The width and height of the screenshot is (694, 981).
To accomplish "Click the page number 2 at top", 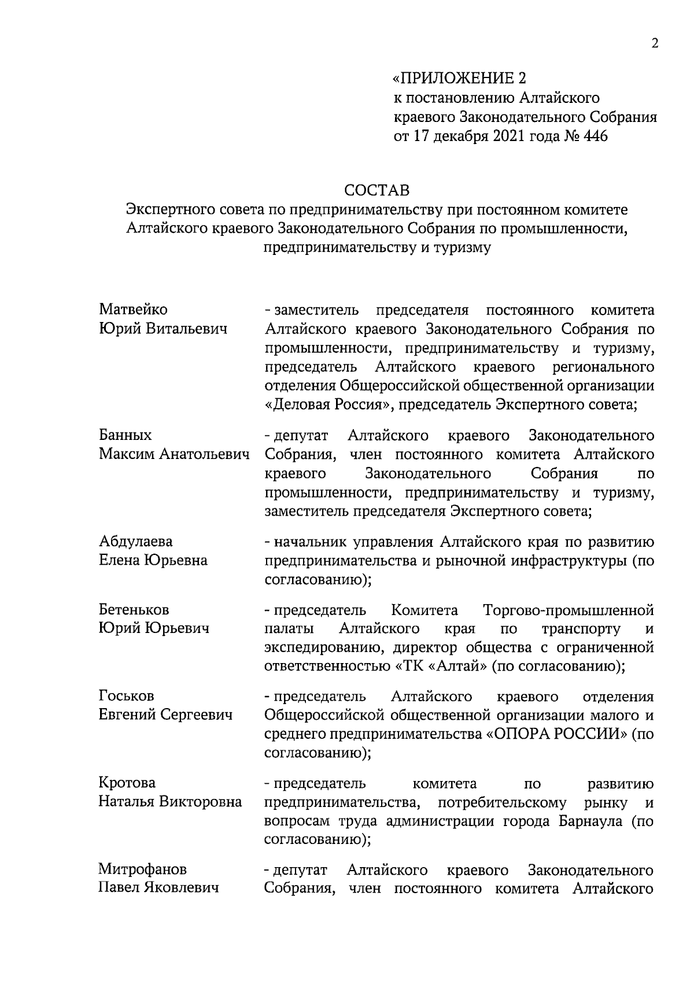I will click(655, 45).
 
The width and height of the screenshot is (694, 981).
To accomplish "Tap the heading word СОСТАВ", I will click(376, 190).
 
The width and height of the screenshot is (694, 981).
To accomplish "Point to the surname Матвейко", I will click(133, 310).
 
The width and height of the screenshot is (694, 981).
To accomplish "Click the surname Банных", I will click(125, 435).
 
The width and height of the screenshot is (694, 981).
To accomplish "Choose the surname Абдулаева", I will click(135, 542).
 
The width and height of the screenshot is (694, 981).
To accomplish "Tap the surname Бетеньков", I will click(134, 609).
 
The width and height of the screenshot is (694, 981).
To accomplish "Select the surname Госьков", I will click(126, 696).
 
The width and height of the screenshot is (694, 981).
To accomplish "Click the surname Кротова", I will click(127, 783).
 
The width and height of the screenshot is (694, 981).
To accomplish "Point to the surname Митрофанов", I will click(142, 869).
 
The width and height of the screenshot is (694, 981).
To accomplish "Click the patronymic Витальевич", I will click(186, 329).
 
